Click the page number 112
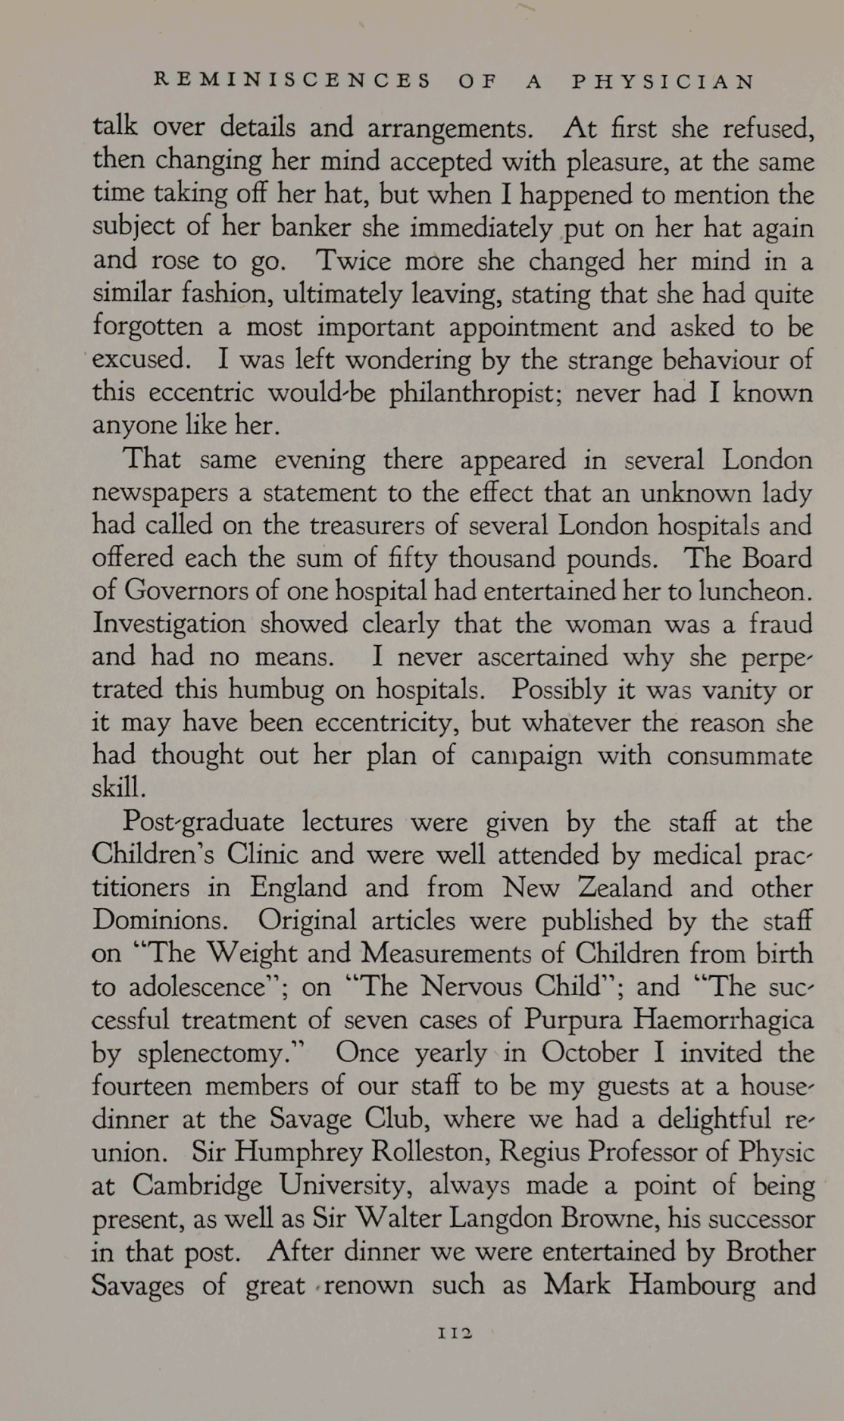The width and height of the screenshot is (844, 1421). coord(455,1332)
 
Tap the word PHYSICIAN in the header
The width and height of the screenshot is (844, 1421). coord(663,82)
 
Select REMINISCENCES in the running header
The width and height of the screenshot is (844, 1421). coord(292,82)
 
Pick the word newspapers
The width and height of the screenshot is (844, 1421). coord(159,494)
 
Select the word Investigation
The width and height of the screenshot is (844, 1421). coord(169,624)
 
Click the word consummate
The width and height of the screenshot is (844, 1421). coord(740,756)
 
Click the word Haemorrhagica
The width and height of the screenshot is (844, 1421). coord(723,1019)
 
